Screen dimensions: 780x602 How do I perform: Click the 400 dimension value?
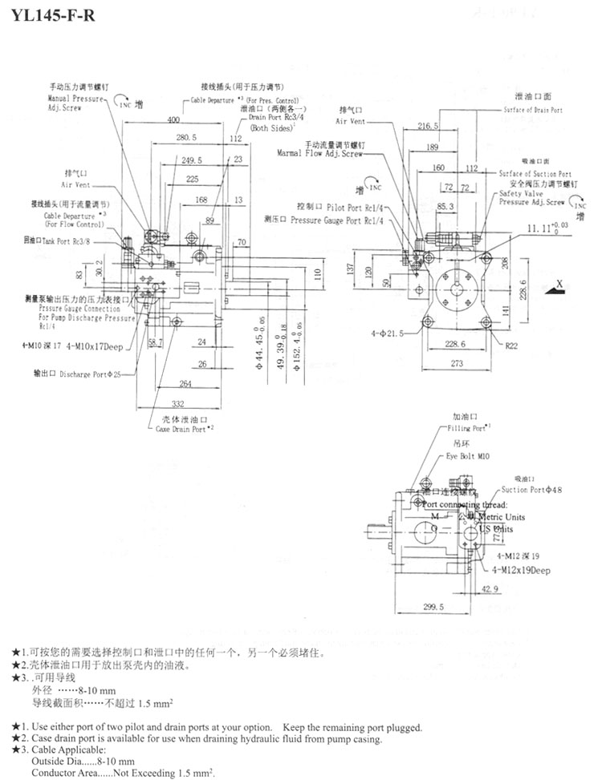click(x=173, y=120)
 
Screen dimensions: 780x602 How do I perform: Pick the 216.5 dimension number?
click(x=428, y=126)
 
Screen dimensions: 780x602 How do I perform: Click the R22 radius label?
click(x=511, y=347)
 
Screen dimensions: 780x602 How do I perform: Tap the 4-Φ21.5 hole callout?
click(x=388, y=332)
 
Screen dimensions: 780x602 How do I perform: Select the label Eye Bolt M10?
click(x=466, y=455)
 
